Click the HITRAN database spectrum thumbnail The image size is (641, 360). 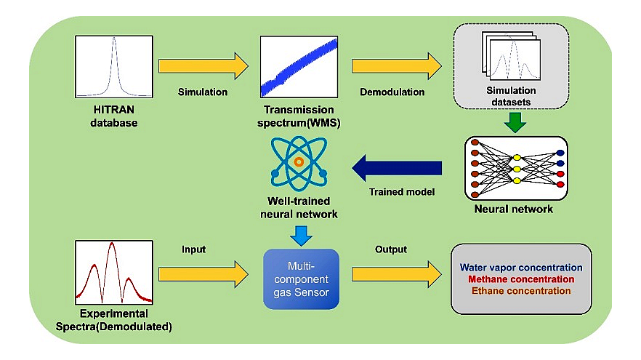click(x=113, y=68)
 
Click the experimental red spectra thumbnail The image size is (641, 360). click(x=112, y=272)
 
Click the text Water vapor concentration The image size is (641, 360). click(x=522, y=267)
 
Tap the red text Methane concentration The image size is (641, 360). click(x=522, y=279)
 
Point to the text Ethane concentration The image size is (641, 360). click(x=522, y=290)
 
